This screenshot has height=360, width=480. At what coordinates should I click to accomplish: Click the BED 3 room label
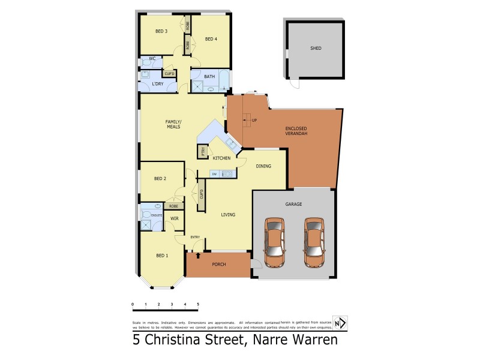click(161, 31)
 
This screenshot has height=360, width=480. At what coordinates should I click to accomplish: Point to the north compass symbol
click(339, 323)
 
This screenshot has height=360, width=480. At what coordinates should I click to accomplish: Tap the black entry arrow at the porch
click(197, 256)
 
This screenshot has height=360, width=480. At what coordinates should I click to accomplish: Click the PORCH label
click(218, 265)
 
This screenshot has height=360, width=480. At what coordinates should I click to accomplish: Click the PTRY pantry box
click(203, 151)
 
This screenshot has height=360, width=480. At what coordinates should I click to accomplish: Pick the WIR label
click(175, 218)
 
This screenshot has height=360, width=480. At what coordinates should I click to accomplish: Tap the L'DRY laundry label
click(158, 83)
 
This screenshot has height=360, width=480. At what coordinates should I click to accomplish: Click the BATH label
click(209, 77)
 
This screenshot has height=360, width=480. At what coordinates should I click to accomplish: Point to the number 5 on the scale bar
click(197, 305)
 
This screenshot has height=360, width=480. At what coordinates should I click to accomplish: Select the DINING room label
click(263, 166)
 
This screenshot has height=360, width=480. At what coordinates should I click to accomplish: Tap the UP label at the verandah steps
click(254, 120)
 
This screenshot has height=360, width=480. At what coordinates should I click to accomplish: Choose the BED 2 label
click(160, 178)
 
